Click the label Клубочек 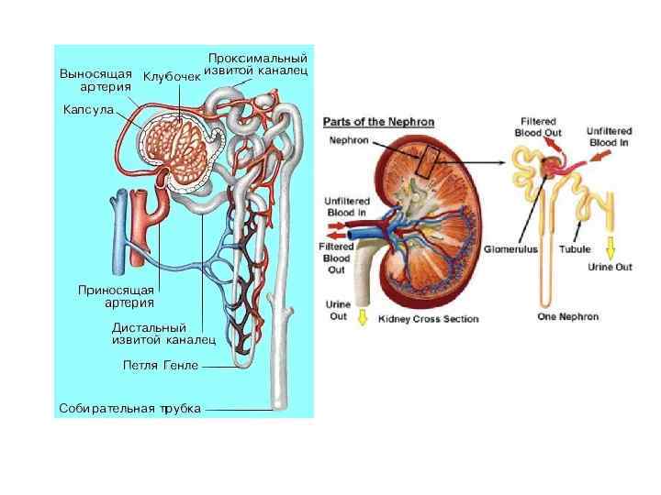[x=172, y=75]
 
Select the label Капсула [x=88, y=110]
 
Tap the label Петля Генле [x=161, y=365]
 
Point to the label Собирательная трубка [x=129, y=408]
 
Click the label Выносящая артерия [x=95, y=79]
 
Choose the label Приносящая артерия [x=117, y=295]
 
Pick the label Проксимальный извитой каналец [x=256, y=63]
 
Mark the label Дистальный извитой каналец [x=163, y=333]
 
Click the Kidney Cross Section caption [x=429, y=319]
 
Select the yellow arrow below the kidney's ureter [x=362, y=317]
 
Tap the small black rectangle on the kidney [x=424, y=163]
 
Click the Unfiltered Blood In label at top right [x=610, y=137]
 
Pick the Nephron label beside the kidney [x=349, y=140]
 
